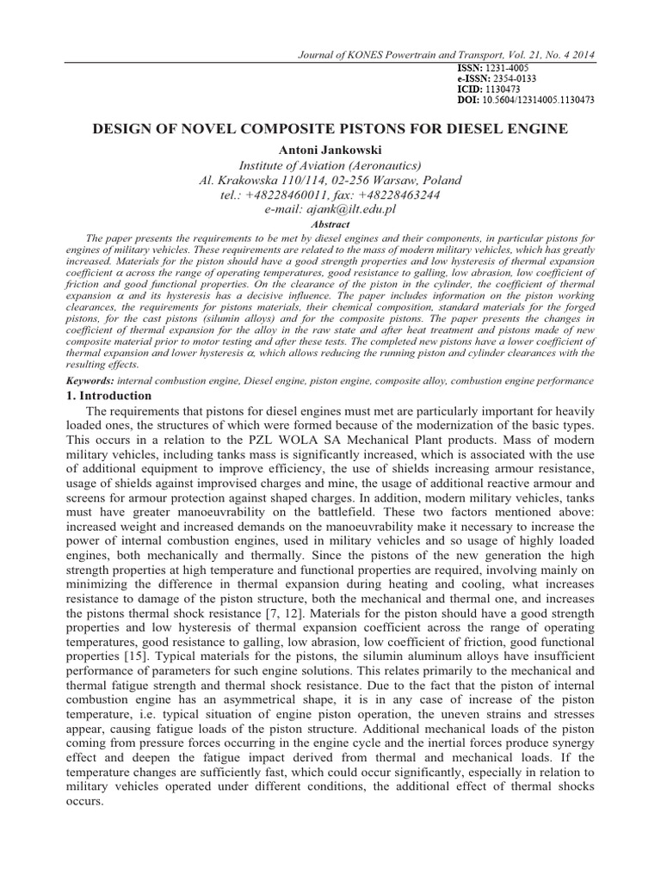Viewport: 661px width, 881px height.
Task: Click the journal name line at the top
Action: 446,55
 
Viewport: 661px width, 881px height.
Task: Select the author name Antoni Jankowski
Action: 330,149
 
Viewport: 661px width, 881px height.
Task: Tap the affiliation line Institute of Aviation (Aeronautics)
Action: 330,164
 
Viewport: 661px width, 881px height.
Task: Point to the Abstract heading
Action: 330,224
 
